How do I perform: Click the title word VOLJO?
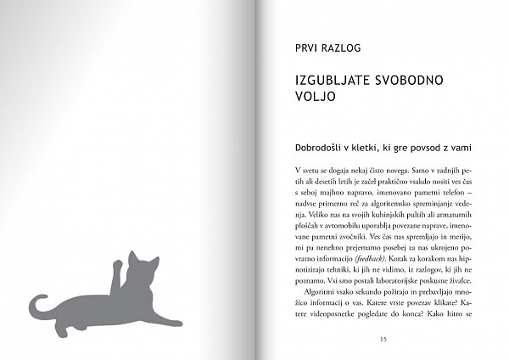pyautogui.click(x=313, y=98)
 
